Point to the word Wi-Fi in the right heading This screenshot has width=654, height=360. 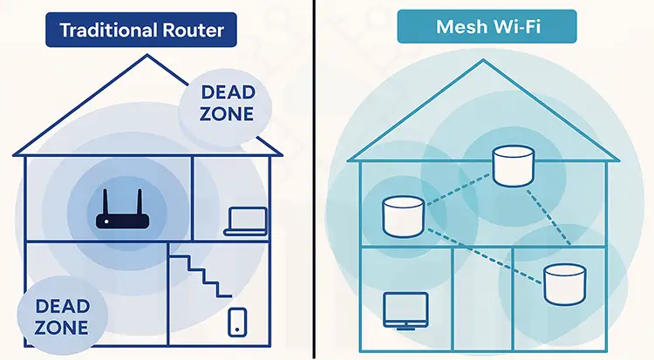pos(519,27)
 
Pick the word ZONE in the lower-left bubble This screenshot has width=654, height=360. pos(63,328)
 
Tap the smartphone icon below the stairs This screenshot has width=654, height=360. pos(236,321)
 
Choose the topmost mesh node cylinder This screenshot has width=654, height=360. pos(512,166)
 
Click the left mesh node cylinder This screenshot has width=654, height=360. pos(402,216)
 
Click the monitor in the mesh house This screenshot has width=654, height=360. pos(405,309)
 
